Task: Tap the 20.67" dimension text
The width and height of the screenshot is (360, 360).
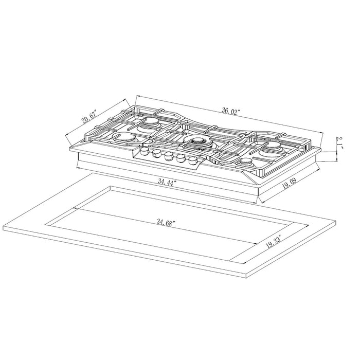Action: pos(89,120)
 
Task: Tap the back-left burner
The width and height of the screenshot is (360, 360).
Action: pos(152,122)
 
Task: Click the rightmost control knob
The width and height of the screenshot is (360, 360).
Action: pos(192,160)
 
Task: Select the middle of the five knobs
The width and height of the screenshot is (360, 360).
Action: pos(168,156)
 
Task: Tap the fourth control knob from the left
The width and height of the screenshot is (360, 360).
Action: pos(180,158)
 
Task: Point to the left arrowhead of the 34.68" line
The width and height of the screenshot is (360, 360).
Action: pos(76,208)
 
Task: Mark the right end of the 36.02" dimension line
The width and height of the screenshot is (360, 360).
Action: pos(322,133)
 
